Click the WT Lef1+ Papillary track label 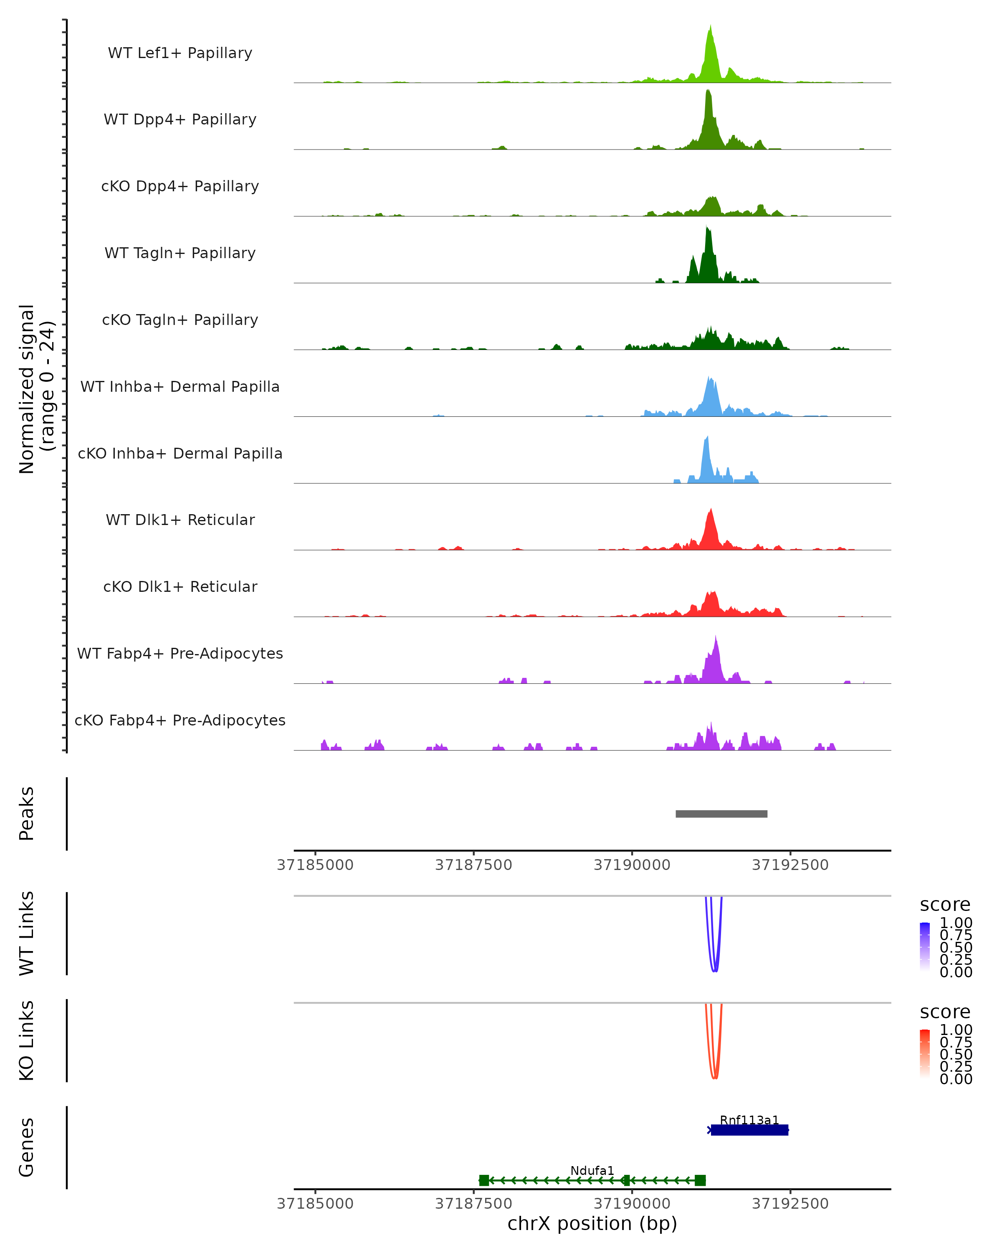coord(180,53)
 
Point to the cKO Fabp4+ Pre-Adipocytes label coord(180,720)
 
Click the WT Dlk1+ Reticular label coord(180,520)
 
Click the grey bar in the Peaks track coord(721,814)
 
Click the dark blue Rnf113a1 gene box coord(749,1130)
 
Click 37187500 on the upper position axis coord(473,865)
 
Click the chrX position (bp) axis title coord(592,1224)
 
